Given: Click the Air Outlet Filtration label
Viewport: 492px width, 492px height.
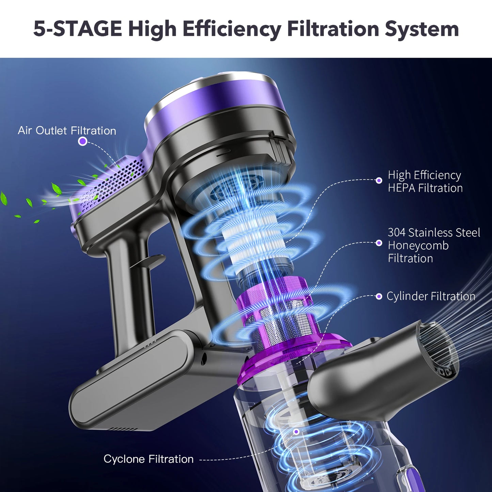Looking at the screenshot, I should coord(67,131).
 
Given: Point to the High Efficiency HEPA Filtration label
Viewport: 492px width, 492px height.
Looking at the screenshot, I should coord(425,181).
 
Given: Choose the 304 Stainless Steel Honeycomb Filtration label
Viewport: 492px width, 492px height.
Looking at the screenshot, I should coord(433,245).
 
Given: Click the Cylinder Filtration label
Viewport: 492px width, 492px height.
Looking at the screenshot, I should coord(431,296).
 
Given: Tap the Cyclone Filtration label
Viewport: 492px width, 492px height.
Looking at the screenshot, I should coord(148,459).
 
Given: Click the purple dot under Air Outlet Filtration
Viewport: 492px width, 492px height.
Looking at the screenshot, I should coord(82,141).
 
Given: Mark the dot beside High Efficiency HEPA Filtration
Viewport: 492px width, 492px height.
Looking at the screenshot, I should coord(379,180).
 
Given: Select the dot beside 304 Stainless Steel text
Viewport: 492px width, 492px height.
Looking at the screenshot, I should coord(379,243).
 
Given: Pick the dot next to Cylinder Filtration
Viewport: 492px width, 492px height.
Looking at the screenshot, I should coord(379,296).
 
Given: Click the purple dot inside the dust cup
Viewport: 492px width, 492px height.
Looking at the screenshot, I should coord(296,432).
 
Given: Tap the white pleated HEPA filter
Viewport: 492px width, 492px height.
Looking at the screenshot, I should coord(252,238).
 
